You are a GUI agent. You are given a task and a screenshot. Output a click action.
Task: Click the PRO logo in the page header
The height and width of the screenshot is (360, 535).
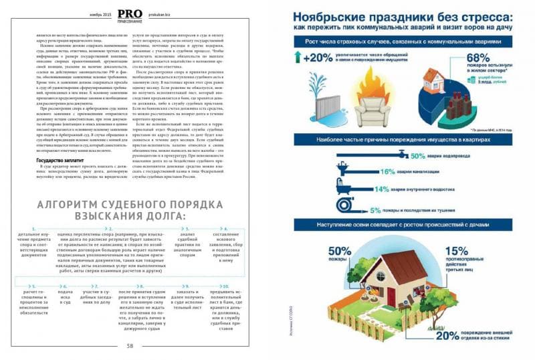pyautogui.click(x=129, y=13)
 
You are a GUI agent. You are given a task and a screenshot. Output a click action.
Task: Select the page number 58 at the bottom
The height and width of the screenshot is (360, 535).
pyautogui.click(x=130, y=347)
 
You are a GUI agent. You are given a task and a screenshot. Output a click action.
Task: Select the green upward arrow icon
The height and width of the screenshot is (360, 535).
pyautogui.click(x=298, y=58)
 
